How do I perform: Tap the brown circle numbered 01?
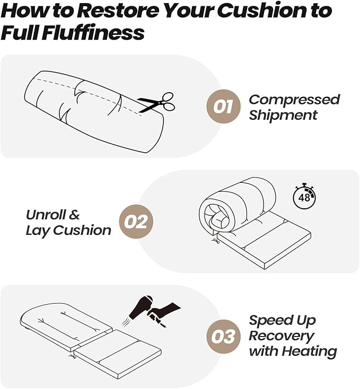point(223,107)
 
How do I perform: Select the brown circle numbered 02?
point(136,222)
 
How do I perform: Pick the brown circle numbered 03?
point(223,337)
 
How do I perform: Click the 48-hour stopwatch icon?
point(305,197)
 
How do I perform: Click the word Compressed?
point(294,100)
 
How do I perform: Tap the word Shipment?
point(283,115)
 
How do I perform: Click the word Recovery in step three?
point(282,337)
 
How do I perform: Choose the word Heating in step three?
point(309,351)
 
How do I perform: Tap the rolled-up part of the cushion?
point(237,206)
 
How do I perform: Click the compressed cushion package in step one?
point(94,112)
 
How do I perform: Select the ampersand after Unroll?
point(74,215)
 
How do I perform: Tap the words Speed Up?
point(283,321)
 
